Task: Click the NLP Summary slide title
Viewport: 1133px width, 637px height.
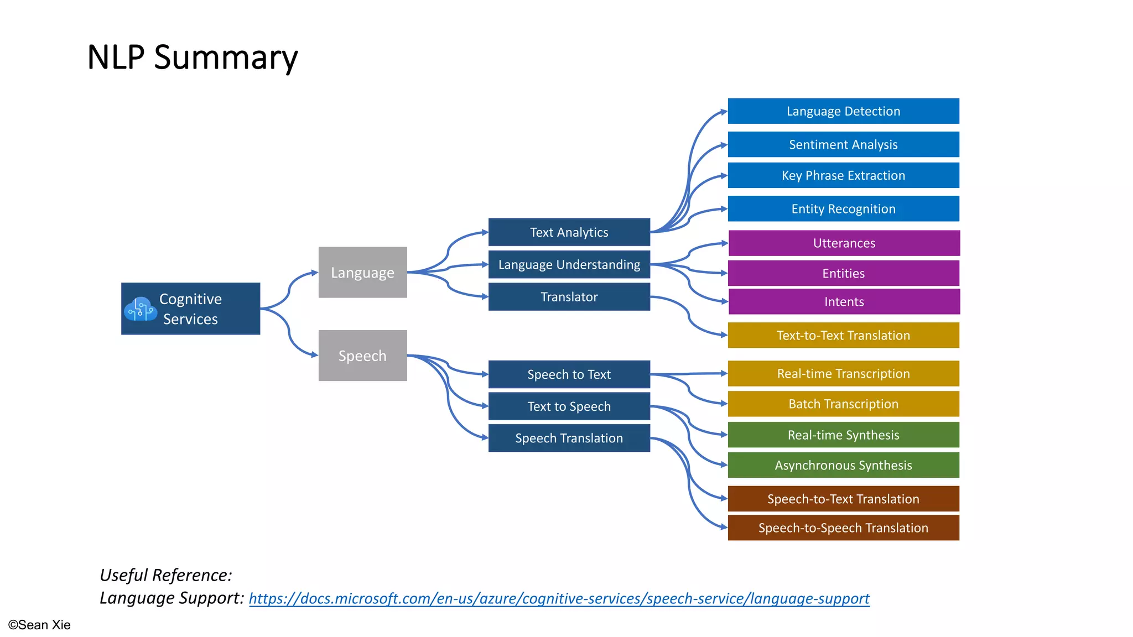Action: (193, 58)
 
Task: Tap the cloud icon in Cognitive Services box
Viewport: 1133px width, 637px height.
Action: (140, 309)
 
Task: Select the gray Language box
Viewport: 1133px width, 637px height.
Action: (362, 273)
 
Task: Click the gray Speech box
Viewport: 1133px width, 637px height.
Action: (362, 356)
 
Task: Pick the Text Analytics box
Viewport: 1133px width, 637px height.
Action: (569, 232)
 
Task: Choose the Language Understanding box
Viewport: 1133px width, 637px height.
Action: (569, 265)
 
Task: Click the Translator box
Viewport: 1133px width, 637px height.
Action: (569, 297)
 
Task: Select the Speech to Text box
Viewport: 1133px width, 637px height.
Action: (569, 374)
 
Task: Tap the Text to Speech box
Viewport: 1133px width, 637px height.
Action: (569, 406)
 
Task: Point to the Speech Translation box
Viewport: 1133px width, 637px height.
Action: (569, 438)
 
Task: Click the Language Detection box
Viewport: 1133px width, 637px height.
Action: (843, 111)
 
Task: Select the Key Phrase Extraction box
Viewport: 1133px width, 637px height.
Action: (843, 175)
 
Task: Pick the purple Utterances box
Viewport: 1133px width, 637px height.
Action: (844, 243)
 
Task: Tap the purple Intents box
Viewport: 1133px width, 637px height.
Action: (844, 302)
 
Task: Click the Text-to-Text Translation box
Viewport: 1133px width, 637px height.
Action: (843, 335)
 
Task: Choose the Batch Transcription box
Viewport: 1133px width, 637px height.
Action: (843, 404)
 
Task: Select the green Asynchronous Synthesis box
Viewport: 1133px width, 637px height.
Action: (843, 466)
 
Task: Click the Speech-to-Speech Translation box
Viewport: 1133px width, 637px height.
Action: (843, 528)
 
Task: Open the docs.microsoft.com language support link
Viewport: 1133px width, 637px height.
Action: (559, 599)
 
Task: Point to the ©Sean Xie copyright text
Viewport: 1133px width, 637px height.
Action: (39, 625)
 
